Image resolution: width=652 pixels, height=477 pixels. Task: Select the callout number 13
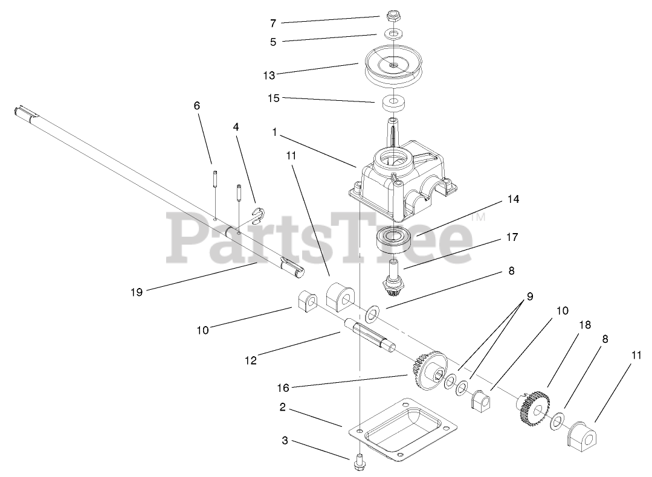point(269,75)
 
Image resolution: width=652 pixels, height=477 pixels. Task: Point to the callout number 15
point(274,98)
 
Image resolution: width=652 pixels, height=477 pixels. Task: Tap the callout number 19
point(137,292)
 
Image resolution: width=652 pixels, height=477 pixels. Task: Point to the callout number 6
point(197,105)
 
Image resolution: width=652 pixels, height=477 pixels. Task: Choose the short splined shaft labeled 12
point(370,335)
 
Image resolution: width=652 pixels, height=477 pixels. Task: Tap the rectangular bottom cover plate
point(402,429)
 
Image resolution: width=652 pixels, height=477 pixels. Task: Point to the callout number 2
point(283,408)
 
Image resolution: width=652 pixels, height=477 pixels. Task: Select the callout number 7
point(273,23)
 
